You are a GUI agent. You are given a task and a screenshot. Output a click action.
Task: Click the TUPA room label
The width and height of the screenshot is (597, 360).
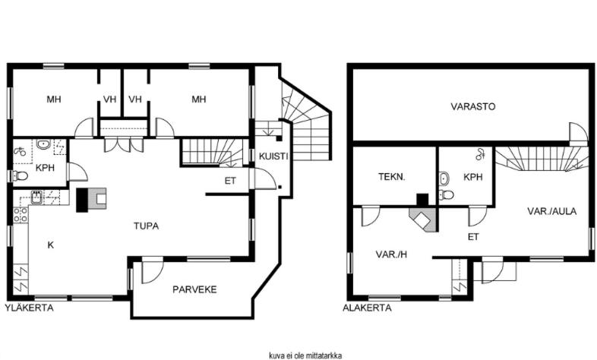[146, 226]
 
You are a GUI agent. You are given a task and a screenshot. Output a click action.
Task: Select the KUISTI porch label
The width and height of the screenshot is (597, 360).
[273, 156]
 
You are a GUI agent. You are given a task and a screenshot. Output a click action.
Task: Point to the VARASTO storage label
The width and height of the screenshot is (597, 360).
[473, 106]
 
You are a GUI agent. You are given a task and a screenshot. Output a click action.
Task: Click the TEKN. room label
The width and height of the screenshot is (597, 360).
[392, 177]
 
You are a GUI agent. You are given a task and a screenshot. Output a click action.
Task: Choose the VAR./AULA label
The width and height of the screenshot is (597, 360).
[551, 211]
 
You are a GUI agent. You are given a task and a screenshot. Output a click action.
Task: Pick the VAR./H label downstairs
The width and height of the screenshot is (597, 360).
[391, 254]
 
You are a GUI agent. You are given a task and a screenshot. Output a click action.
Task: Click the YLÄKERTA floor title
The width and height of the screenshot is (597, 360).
[30, 308]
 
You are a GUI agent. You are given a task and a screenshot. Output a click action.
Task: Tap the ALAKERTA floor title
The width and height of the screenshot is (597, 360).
[367, 308]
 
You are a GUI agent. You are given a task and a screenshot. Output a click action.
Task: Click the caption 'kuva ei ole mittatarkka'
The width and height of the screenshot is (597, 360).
[305, 355]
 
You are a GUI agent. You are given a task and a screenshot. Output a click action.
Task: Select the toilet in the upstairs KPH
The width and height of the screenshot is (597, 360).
[20, 175]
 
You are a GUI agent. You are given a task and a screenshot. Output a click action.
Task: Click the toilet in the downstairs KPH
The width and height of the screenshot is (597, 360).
[446, 194]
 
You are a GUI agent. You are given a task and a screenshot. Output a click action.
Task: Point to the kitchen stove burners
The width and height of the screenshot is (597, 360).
[21, 215]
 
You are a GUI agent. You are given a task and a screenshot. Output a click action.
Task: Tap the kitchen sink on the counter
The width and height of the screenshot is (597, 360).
[37, 197]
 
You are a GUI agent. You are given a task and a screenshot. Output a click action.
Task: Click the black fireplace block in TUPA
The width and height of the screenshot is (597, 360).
[82, 200]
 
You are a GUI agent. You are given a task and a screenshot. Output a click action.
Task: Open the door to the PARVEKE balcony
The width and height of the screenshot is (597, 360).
[153, 271]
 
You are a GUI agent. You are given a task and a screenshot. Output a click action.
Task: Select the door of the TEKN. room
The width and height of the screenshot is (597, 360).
[370, 216]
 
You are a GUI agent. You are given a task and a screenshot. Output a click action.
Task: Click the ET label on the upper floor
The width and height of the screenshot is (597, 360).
[230, 182]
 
